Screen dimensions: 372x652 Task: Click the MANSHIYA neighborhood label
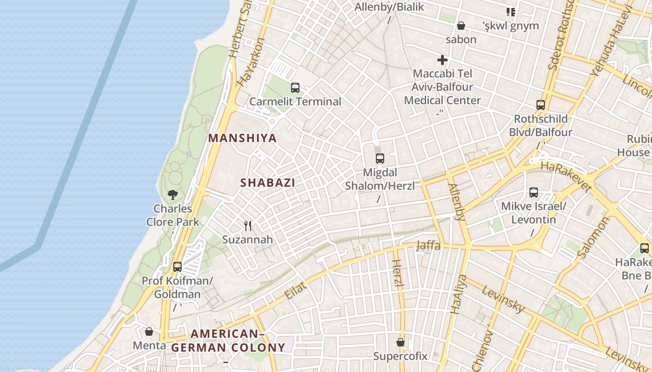click(242, 138)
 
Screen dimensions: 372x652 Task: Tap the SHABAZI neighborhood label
click(268, 183)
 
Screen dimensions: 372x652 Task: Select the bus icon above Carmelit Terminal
click(295, 87)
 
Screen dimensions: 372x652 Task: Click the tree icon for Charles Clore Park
click(173, 194)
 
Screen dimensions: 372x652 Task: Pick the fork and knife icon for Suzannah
click(248, 226)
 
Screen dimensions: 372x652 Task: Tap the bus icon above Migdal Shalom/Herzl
click(380, 158)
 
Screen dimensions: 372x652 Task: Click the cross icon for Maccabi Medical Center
click(442, 60)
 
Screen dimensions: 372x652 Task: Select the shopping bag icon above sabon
click(461, 26)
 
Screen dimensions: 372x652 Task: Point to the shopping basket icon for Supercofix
click(401, 343)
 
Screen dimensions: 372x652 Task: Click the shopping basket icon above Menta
click(149, 332)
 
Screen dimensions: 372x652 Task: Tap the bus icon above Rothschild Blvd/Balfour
click(540, 105)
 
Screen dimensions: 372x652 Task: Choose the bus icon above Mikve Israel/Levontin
click(534, 192)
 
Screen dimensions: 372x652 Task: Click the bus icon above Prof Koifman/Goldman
click(177, 267)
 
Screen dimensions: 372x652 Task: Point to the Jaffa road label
click(428, 245)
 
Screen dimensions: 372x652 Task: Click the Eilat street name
click(296, 290)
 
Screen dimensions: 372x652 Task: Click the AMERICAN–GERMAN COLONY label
click(228, 341)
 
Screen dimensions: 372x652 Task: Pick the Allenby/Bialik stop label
click(389, 7)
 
